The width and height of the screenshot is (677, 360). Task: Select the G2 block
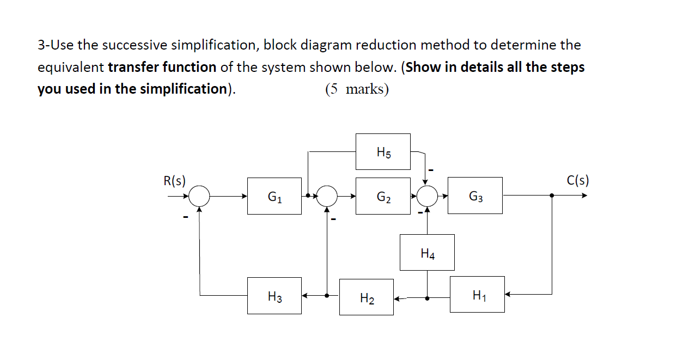click(383, 196)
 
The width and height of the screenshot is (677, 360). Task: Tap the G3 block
click(475, 196)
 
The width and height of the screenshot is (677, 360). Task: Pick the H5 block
click(383, 152)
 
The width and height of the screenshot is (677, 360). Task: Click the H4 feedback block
click(427, 252)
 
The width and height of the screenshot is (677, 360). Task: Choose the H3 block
click(274, 296)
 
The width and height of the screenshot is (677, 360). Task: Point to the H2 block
click(366, 297)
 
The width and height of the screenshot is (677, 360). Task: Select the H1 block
click(477, 295)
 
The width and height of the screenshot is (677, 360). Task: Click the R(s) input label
click(174, 180)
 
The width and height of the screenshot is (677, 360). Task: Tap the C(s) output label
click(578, 180)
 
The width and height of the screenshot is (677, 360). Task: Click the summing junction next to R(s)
click(200, 195)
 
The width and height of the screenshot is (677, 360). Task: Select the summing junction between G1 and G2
click(327, 195)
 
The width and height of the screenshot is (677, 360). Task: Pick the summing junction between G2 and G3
click(427, 195)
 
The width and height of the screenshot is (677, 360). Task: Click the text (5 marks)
click(357, 89)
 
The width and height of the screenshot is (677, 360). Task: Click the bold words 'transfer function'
click(162, 67)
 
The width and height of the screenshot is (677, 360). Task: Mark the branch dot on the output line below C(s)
click(552, 195)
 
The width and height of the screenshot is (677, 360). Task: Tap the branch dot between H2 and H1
click(427, 298)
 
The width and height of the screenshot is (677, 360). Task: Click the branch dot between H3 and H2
click(327, 296)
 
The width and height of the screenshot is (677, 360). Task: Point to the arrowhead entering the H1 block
click(508, 295)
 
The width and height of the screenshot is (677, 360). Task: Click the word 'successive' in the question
click(106, 45)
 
